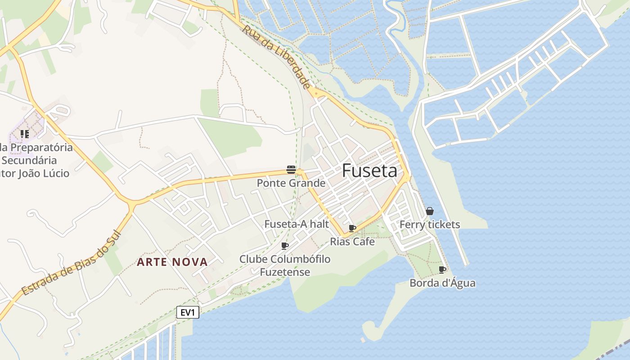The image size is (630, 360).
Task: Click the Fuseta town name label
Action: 369,171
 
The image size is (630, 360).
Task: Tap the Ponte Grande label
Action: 291,183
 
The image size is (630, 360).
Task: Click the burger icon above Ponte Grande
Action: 291,170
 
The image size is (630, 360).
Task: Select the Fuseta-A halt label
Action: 297,224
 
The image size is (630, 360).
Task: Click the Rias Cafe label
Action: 352,242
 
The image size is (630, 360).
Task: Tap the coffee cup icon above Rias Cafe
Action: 352,229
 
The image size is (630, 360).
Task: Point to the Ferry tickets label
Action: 430,225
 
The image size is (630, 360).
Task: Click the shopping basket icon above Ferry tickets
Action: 430,211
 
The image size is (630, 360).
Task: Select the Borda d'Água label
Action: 442,283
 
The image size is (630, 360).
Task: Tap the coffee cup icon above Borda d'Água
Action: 442,270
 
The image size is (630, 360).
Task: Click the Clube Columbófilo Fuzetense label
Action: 285,265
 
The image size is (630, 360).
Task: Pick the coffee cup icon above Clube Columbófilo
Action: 284,246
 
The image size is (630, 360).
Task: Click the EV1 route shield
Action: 188,312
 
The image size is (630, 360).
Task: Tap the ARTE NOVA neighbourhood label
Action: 172,262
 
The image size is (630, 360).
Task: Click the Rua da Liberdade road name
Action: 276,57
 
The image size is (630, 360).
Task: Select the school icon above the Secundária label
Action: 24,134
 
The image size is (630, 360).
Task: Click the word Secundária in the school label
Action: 29,160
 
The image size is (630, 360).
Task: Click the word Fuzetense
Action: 285,272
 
